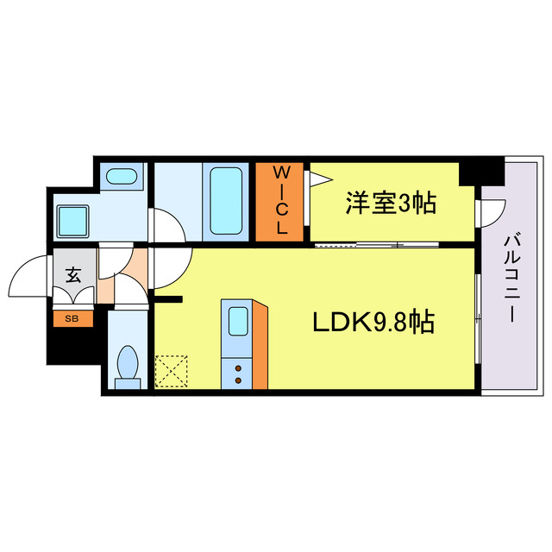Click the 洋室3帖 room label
tap(391, 204)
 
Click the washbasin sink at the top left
tap(120, 178)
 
